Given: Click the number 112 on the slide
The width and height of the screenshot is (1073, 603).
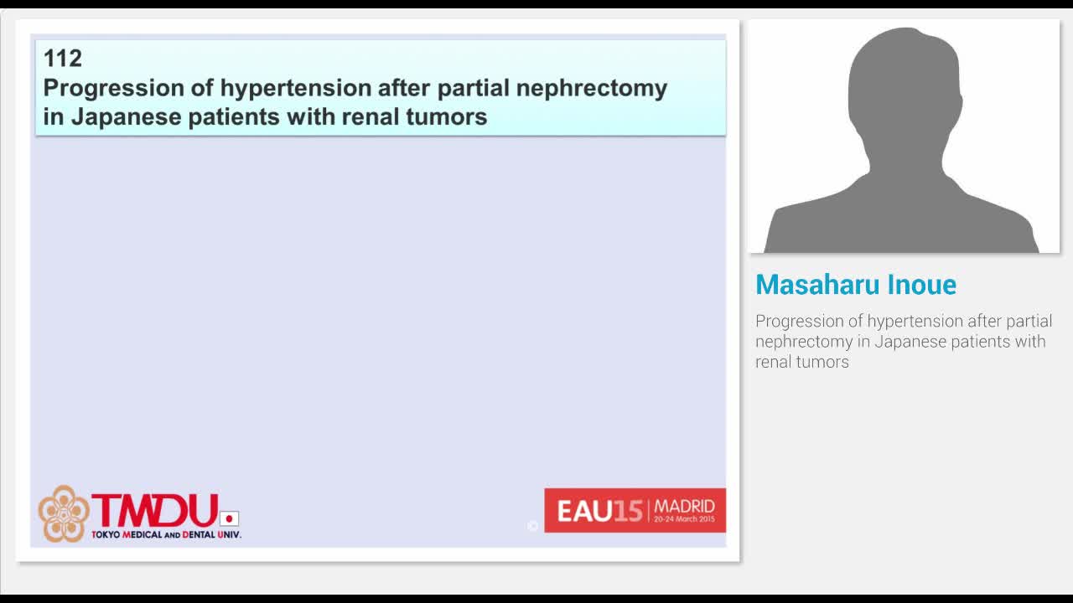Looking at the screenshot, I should [63, 59].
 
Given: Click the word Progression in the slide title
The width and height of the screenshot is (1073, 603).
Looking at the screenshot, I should [101, 89].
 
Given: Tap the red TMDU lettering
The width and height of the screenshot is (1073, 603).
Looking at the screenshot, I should [154, 510].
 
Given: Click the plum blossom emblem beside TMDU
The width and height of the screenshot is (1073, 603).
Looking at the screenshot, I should [64, 513].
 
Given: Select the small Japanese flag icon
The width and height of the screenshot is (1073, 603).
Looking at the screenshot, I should [229, 518].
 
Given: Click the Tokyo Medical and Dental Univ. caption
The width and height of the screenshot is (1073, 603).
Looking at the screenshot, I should [166, 534].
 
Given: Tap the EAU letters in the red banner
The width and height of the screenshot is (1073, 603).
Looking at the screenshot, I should [584, 511].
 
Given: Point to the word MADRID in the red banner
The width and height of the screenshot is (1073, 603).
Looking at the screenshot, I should [684, 507].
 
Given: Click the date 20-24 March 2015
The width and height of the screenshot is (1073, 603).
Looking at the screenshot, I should [684, 519].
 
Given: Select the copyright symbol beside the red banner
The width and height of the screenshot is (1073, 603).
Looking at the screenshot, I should [532, 526].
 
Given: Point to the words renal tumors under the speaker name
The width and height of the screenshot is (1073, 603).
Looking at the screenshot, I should [802, 362].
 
